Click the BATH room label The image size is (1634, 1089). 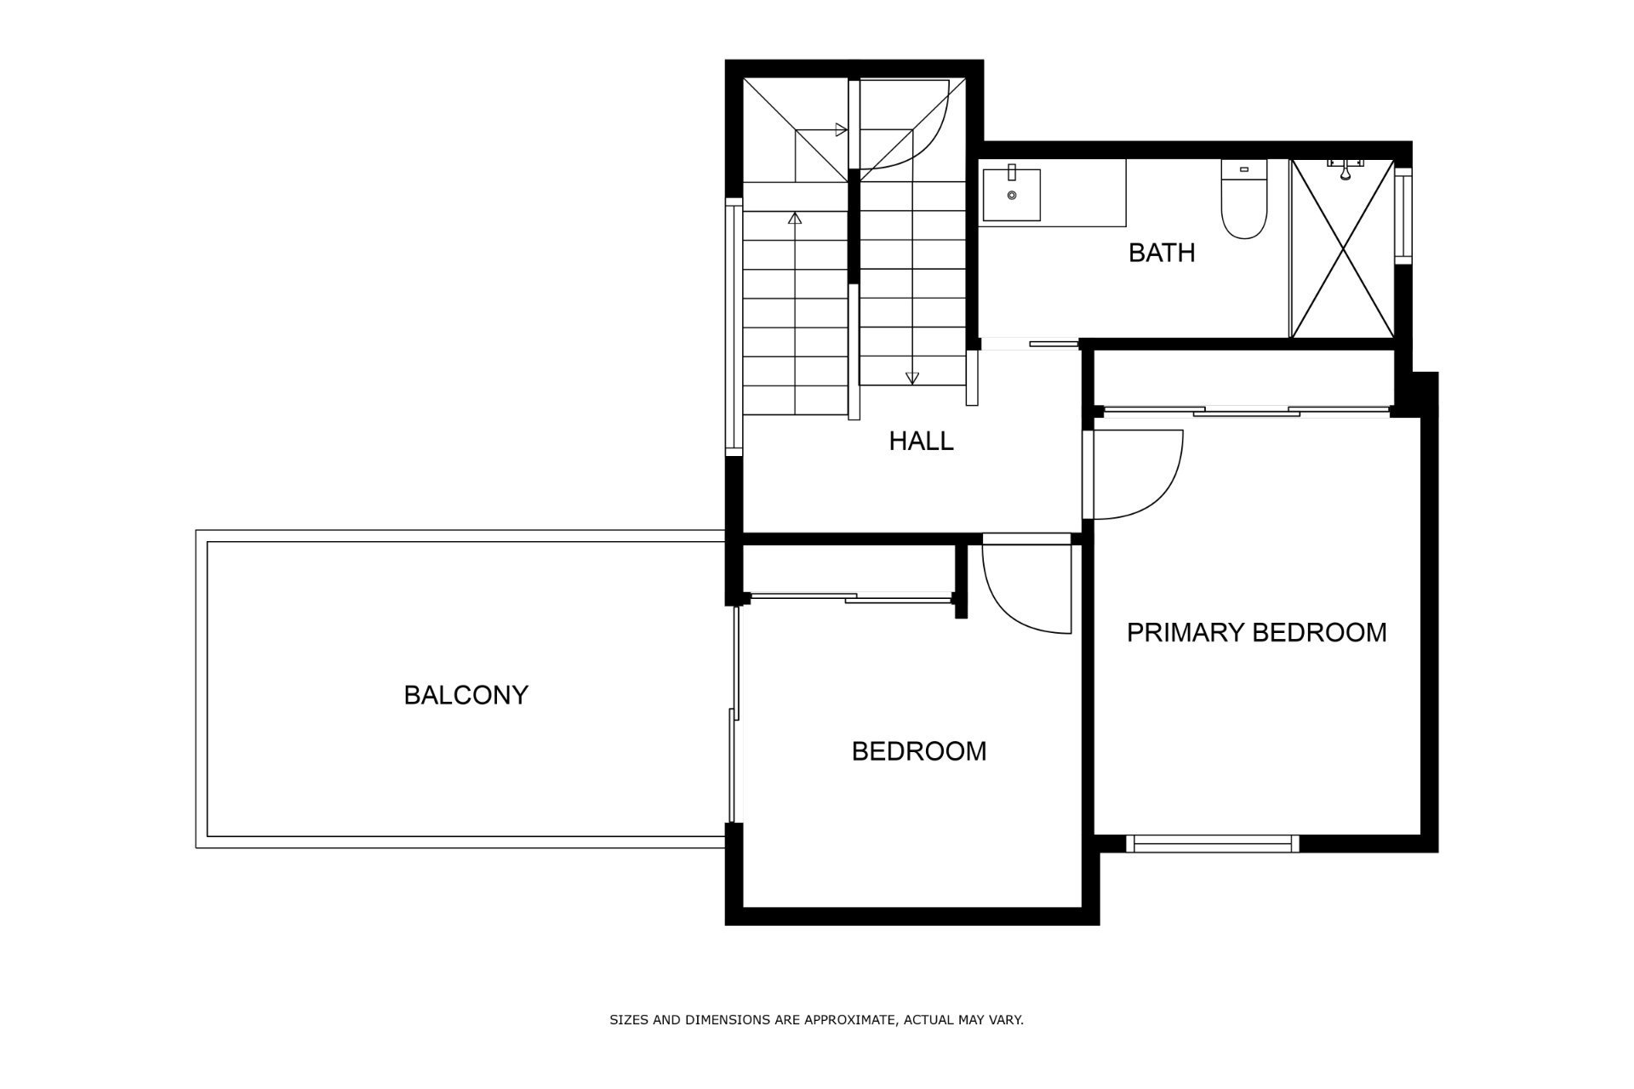[1162, 253]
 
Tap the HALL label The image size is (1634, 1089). [921, 441]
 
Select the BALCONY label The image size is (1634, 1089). [466, 695]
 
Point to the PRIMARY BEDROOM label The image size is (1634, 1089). [1256, 632]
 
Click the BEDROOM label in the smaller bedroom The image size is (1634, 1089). [919, 751]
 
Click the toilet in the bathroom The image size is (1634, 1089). [1244, 198]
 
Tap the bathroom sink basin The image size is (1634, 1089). [1012, 194]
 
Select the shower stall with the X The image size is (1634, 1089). [1342, 248]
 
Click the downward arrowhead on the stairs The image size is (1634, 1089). [912, 379]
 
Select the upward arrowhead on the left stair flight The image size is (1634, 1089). [795, 218]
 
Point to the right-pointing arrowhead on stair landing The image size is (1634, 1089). [841, 130]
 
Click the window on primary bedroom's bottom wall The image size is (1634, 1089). [1213, 844]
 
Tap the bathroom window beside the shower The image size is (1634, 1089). [1403, 216]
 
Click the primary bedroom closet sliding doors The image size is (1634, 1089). [1243, 412]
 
